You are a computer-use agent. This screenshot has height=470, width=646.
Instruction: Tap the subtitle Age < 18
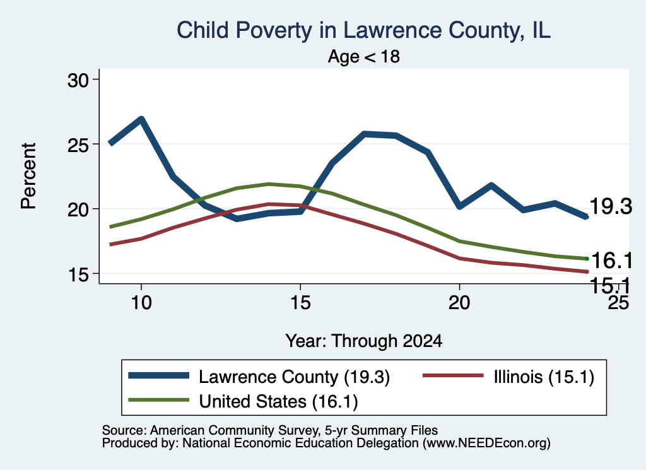[364, 56]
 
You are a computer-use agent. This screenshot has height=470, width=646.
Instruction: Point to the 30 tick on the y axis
[78, 80]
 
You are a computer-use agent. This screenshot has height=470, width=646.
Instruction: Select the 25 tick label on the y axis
[78, 144]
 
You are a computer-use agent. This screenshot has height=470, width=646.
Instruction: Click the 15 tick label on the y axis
[78, 274]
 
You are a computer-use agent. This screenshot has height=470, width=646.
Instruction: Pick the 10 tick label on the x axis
[141, 303]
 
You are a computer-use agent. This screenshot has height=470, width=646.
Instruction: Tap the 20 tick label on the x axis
[459, 303]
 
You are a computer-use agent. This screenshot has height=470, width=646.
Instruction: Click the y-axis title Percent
[29, 176]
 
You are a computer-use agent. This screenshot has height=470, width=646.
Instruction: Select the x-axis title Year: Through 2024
[364, 341]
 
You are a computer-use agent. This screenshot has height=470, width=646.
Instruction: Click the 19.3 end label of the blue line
[611, 206]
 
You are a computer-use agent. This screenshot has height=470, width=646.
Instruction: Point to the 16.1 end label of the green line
[612, 261]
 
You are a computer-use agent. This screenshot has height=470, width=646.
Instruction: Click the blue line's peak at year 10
[141, 119]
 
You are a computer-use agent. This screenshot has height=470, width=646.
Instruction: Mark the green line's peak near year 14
[269, 184]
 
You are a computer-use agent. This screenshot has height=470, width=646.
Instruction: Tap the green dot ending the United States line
[587, 259]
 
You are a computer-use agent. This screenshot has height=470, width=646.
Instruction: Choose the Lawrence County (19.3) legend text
[294, 377]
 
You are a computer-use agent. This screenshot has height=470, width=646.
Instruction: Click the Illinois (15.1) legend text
[544, 377]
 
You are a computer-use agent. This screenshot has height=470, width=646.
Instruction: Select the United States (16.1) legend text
[278, 402]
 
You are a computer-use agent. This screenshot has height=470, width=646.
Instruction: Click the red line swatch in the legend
[453, 375]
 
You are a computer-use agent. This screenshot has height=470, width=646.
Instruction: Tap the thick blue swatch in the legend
[158, 375]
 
